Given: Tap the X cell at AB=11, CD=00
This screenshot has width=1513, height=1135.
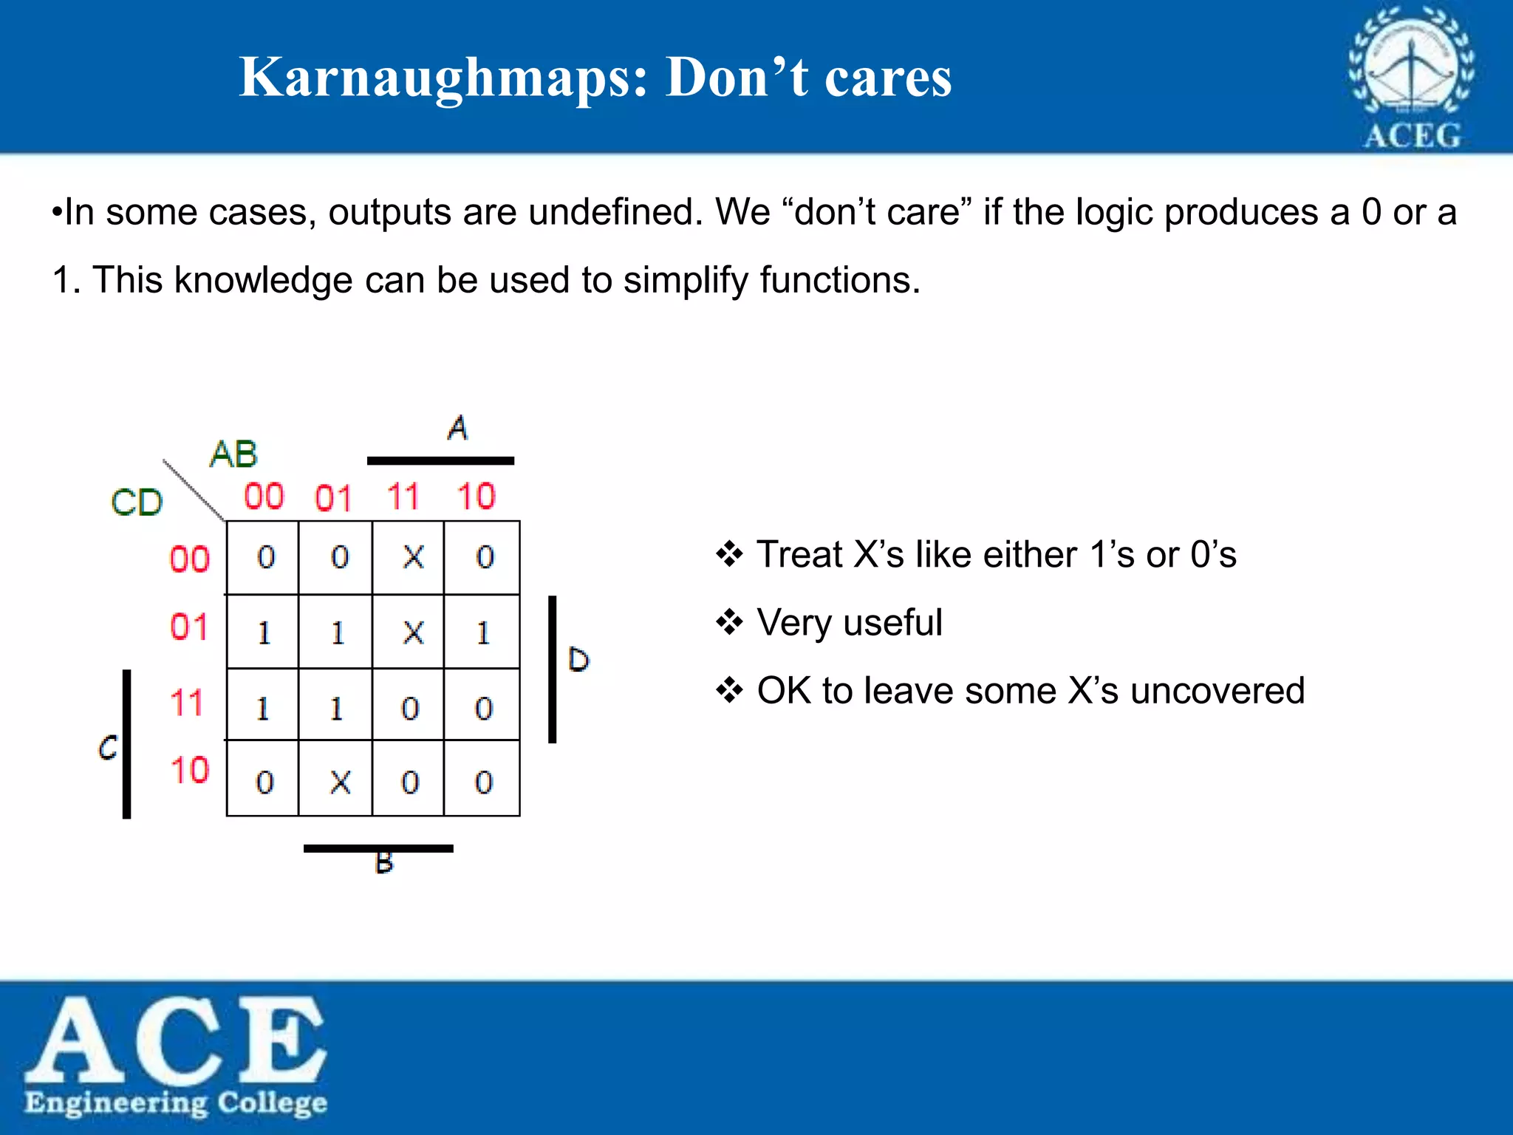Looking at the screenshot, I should coord(413,557).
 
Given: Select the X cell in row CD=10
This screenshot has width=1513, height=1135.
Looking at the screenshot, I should coord(339,781).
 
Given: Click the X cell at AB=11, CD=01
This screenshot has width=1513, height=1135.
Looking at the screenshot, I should coord(413,633).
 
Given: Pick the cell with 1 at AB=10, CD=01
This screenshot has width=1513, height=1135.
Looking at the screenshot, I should coord(483,633).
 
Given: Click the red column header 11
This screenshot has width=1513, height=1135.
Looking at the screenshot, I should coord(403,496).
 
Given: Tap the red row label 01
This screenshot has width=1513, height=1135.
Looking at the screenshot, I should coord(189,627).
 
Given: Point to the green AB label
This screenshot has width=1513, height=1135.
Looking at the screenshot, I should coord(233,454).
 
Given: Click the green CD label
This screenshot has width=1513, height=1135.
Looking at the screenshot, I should coord(137,502).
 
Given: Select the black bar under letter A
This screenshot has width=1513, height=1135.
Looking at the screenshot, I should coord(440,460).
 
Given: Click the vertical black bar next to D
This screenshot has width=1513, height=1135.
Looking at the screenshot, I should coord(552,669).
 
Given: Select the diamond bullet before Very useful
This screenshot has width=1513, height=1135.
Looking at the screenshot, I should coord(729,622).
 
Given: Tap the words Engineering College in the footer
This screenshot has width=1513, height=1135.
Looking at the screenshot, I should coord(176,1102).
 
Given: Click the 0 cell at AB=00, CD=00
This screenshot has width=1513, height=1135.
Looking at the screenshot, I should coord(266,557).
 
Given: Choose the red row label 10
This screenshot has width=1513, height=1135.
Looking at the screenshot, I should coord(190,770).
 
